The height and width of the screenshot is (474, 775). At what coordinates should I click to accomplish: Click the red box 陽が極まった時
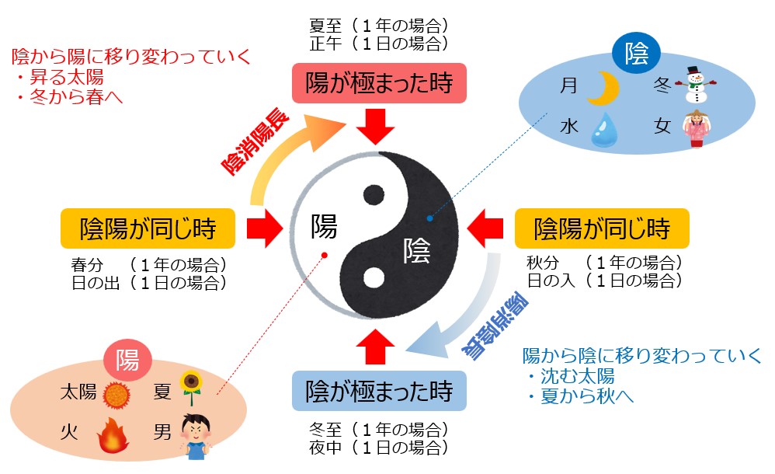378,82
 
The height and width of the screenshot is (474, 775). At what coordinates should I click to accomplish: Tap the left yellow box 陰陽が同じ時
148,228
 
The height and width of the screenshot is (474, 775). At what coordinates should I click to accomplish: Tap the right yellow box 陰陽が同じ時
602,228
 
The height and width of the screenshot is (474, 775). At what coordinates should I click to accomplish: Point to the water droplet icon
603,129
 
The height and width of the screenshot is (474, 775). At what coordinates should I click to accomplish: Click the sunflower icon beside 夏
190,386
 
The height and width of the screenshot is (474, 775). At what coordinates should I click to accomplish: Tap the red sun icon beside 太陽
116,394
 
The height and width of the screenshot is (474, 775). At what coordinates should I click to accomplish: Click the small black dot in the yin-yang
374,195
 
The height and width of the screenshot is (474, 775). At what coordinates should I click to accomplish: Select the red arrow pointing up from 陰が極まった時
377,343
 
